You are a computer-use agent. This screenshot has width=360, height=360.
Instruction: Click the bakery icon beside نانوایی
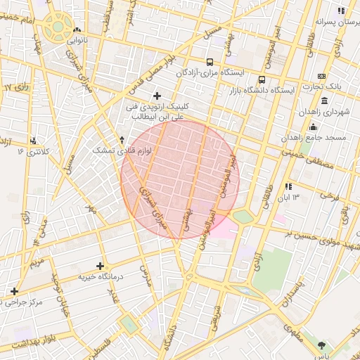click(77, 30)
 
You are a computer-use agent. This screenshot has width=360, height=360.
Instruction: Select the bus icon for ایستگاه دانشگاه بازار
click(262, 79)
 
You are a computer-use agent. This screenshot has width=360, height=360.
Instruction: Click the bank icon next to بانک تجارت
click(322, 76)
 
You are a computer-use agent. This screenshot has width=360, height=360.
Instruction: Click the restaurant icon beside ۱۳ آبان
click(288, 186)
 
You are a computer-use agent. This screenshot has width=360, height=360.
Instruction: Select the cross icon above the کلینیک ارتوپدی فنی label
click(156, 95)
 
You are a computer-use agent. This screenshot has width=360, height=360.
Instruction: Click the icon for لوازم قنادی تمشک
click(122, 139)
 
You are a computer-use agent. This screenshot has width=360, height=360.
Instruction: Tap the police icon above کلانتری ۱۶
click(34, 140)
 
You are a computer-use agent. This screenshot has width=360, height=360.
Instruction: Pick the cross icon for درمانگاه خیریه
click(101, 266)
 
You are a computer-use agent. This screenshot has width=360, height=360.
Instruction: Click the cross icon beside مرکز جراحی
click(14, 291)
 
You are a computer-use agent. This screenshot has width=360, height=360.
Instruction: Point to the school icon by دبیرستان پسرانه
click(341, 11)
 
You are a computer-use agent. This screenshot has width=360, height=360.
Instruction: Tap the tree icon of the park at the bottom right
click(322, 345)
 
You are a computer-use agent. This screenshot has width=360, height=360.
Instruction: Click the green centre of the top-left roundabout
click(56, 29)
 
